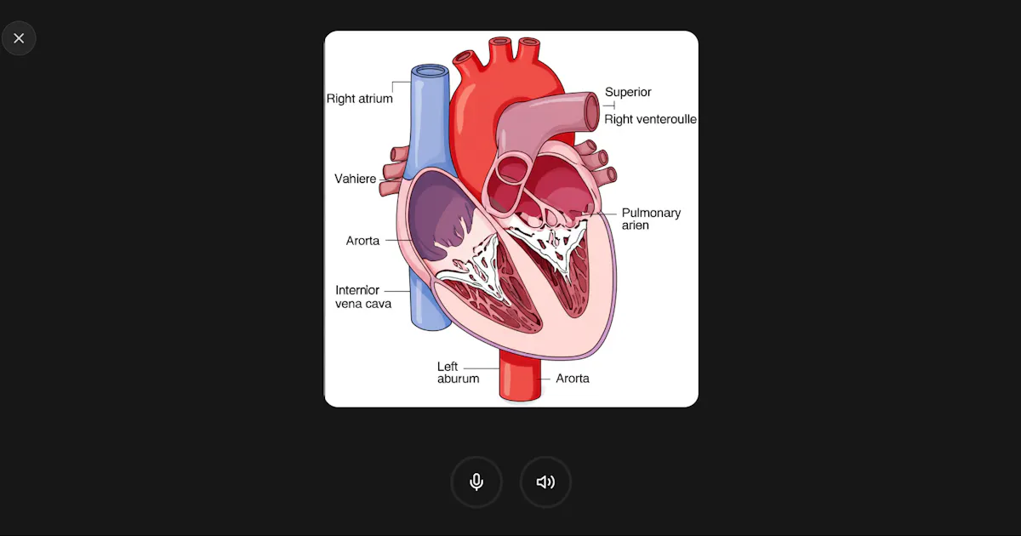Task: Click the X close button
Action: point(19,38)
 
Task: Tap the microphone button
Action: point(476,482)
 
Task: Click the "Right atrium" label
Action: point(360,99)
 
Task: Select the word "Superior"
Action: point(628,92)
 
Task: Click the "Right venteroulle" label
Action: point(650,119)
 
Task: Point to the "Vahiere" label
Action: point(355,179)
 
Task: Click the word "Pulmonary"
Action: point(651,213)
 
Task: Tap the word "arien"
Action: point(635,225)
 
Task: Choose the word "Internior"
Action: point(357,290)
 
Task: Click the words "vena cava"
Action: point(363,304)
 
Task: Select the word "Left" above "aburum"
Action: point(448,367)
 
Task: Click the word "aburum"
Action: point(458,379)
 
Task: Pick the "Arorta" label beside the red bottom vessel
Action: point(573,379)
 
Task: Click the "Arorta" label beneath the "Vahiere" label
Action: point(362,241)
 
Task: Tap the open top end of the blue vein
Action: point(430,71)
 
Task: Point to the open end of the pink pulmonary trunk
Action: point(592,111)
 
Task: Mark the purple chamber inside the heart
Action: point(442,215)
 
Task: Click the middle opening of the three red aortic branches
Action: point(500,42)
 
